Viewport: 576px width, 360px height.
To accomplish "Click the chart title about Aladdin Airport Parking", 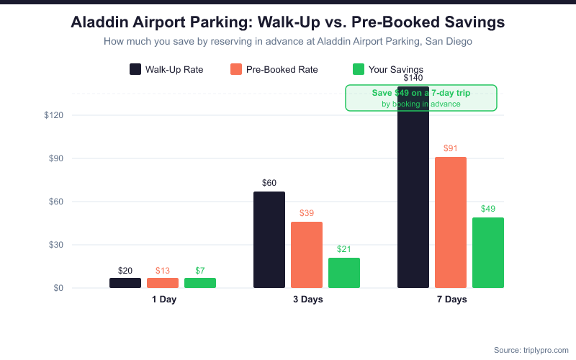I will [288, 22].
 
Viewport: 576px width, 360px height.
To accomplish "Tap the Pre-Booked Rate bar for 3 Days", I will [307, 255].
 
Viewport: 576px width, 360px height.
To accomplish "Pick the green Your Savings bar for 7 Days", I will [488, 253].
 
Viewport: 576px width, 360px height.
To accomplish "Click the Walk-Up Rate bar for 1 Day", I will [125, 283].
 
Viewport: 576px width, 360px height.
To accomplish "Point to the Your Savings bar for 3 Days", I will [344, 273].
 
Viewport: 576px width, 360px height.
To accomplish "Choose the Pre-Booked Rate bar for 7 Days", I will [451, 222].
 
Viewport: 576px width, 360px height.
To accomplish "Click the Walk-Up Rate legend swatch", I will [135, 69].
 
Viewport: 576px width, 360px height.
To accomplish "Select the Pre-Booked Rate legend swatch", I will [236, 69].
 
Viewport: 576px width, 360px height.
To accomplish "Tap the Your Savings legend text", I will [396, 70].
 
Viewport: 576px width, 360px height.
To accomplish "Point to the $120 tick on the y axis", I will [54, 115].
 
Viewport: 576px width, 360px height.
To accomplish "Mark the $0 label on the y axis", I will [59, 288].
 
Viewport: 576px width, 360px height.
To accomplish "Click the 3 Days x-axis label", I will [307, 300].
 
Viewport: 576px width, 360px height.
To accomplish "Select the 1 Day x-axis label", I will [163, 300].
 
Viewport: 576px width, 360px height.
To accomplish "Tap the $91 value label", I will [451, 148].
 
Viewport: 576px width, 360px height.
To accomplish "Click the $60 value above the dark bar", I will [269, 183].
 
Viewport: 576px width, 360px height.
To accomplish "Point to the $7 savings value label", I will [200, 271].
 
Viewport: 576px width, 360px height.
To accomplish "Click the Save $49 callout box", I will [421, 98].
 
